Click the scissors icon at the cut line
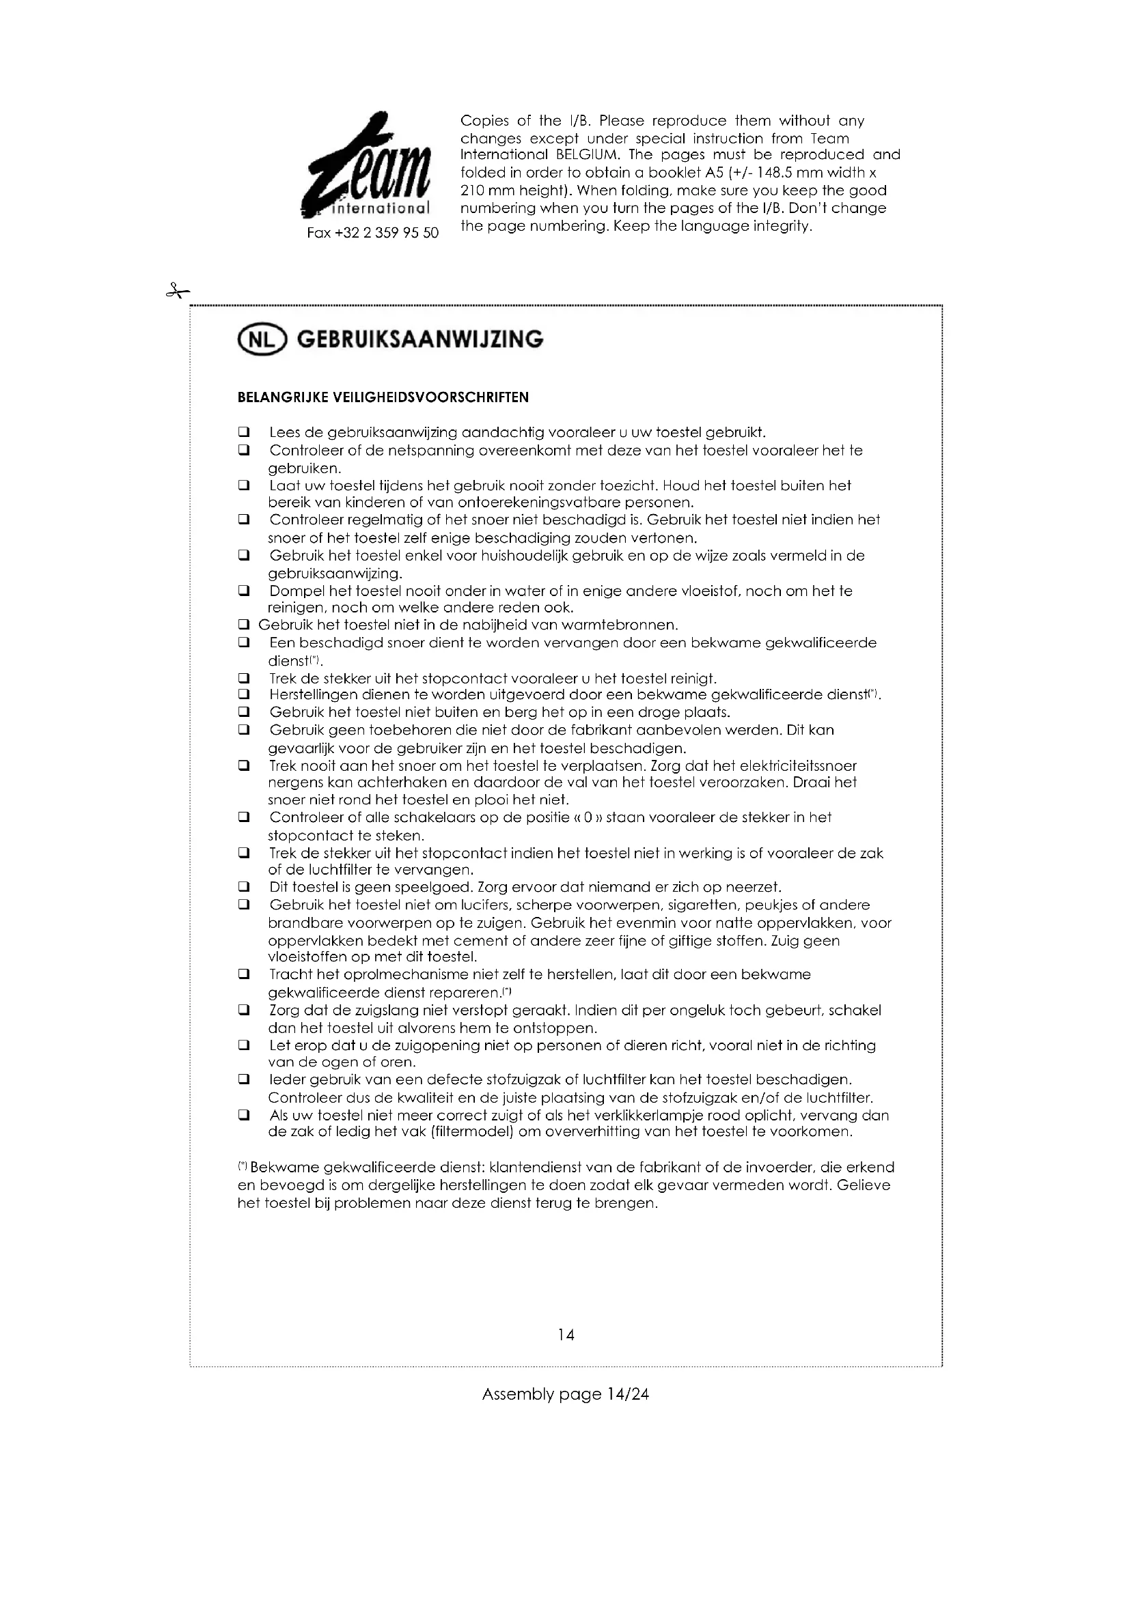point(177,292)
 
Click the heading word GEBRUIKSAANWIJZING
point(419,340)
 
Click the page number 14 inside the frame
point(566,1335)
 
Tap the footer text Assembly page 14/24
point(565,1394)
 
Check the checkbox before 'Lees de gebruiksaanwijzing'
point(243,433)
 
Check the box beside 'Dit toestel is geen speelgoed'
point(243,888)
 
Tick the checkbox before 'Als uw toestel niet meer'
point(243,1116)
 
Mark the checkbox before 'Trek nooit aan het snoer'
point(243,766)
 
